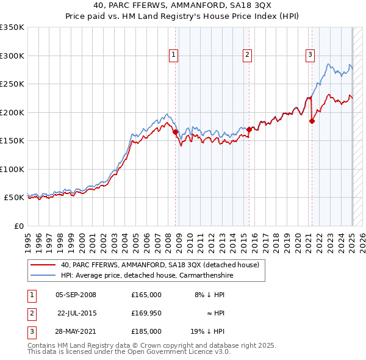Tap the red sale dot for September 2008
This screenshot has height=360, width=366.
coord(175,131)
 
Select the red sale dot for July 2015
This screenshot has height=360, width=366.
coord(249,129)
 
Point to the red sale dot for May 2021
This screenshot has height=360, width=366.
coord(312,121)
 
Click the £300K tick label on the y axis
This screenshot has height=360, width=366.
coord(12,56)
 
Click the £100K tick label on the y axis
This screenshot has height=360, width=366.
coord(12,169)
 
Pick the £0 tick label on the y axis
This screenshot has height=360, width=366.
coord(18,226)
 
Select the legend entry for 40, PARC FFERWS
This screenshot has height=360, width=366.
coord(160,265)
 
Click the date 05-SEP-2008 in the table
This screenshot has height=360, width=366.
coord(76,295)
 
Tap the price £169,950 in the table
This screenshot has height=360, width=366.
coord(146,313)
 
